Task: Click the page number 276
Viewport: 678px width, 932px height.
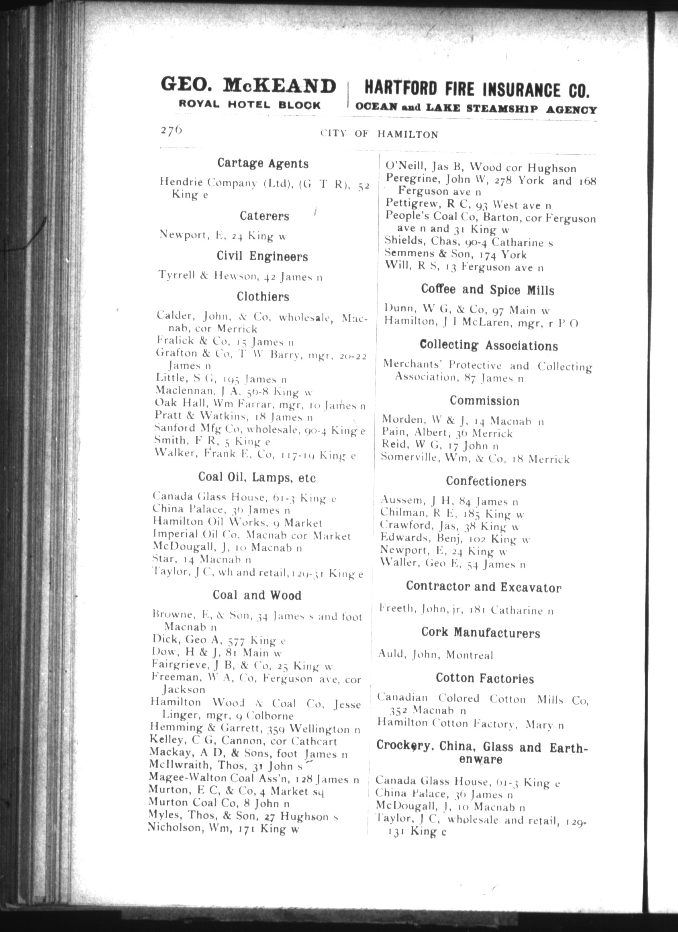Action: [x=171, y=130]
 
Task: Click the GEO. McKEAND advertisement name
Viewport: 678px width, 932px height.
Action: [x=248, y=86]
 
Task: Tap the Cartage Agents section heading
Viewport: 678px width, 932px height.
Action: [x=263, y=164]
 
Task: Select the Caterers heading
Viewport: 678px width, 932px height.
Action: [x=264, y=216]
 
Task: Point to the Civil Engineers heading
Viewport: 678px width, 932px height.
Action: [x=262, y=257]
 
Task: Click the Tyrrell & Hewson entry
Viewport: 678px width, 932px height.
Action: [x=240, y=276]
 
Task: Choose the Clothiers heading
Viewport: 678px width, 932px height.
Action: [x=263, y=297]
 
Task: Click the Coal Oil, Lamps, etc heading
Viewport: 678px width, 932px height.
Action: [x=257, y=478]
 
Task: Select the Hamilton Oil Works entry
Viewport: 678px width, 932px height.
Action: [x=237, y=523]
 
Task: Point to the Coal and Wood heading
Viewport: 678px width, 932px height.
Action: [x=257, y=595]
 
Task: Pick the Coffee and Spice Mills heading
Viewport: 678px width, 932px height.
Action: [x=487, y=290]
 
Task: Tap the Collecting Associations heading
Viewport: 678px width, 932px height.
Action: [x=488, y=345]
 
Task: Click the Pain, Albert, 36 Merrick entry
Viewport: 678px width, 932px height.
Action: [x=447, y=433]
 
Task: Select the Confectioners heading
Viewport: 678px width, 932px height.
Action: [x=486, y=481]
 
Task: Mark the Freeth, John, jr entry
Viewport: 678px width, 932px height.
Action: [x=466, y=610]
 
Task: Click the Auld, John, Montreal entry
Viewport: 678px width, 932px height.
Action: [x=435, y=655]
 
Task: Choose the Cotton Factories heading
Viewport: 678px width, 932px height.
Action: [x=484, y=678]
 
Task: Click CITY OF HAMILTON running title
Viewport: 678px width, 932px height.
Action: [x=379, y=134]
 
